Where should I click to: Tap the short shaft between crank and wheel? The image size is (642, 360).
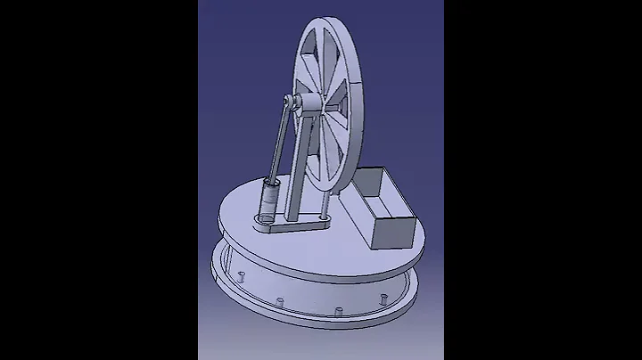(309, 106)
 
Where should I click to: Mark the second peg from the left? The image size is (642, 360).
(279, 301)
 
